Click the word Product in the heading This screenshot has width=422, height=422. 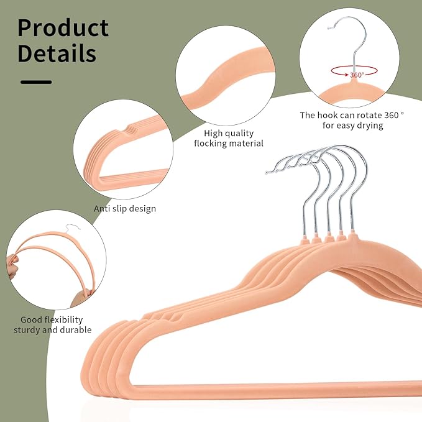pos(63,28)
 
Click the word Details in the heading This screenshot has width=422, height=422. pos(57,53)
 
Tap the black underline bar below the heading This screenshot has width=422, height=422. pos(36,82)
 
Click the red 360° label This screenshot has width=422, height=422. pos(357,75)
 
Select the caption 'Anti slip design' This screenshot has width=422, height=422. pos(125,209)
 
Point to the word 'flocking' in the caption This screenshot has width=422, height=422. pos(211,143)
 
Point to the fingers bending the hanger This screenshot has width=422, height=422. pos(12,267)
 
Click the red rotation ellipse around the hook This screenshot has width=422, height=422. pos(354,71)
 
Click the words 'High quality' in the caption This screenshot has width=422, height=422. pos(229,133)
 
